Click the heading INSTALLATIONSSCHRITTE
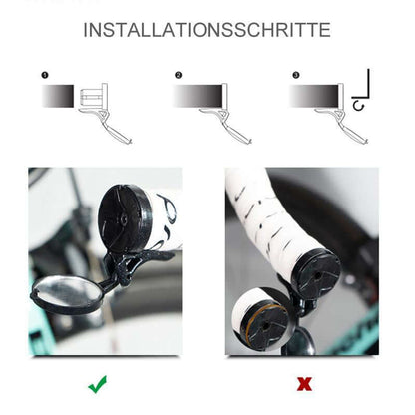click(207, 30)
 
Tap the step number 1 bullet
click(45, 75)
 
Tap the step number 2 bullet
click(179, 75)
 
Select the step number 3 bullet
click(295, 75)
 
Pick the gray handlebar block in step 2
click(193, 96)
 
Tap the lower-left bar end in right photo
click(261, 319)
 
